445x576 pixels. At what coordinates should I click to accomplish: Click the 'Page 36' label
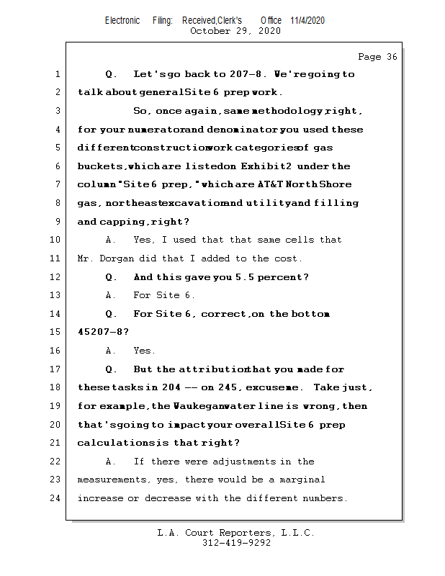[377, 57]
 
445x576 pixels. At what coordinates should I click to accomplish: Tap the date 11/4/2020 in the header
[307, 20]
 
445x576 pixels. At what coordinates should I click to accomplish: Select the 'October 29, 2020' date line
[235, 31]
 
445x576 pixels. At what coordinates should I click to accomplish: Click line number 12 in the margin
[57, 277]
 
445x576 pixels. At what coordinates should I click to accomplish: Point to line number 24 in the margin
[57, 498]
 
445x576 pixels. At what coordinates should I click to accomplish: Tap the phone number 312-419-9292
[236, 543]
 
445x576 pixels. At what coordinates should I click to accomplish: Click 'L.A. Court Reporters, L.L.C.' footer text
[235, 533]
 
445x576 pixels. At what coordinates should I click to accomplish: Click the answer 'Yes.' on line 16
[144, 351]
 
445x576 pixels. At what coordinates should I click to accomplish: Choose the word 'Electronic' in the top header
[122, 20]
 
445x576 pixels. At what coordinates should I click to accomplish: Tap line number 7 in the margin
[57, 185]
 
